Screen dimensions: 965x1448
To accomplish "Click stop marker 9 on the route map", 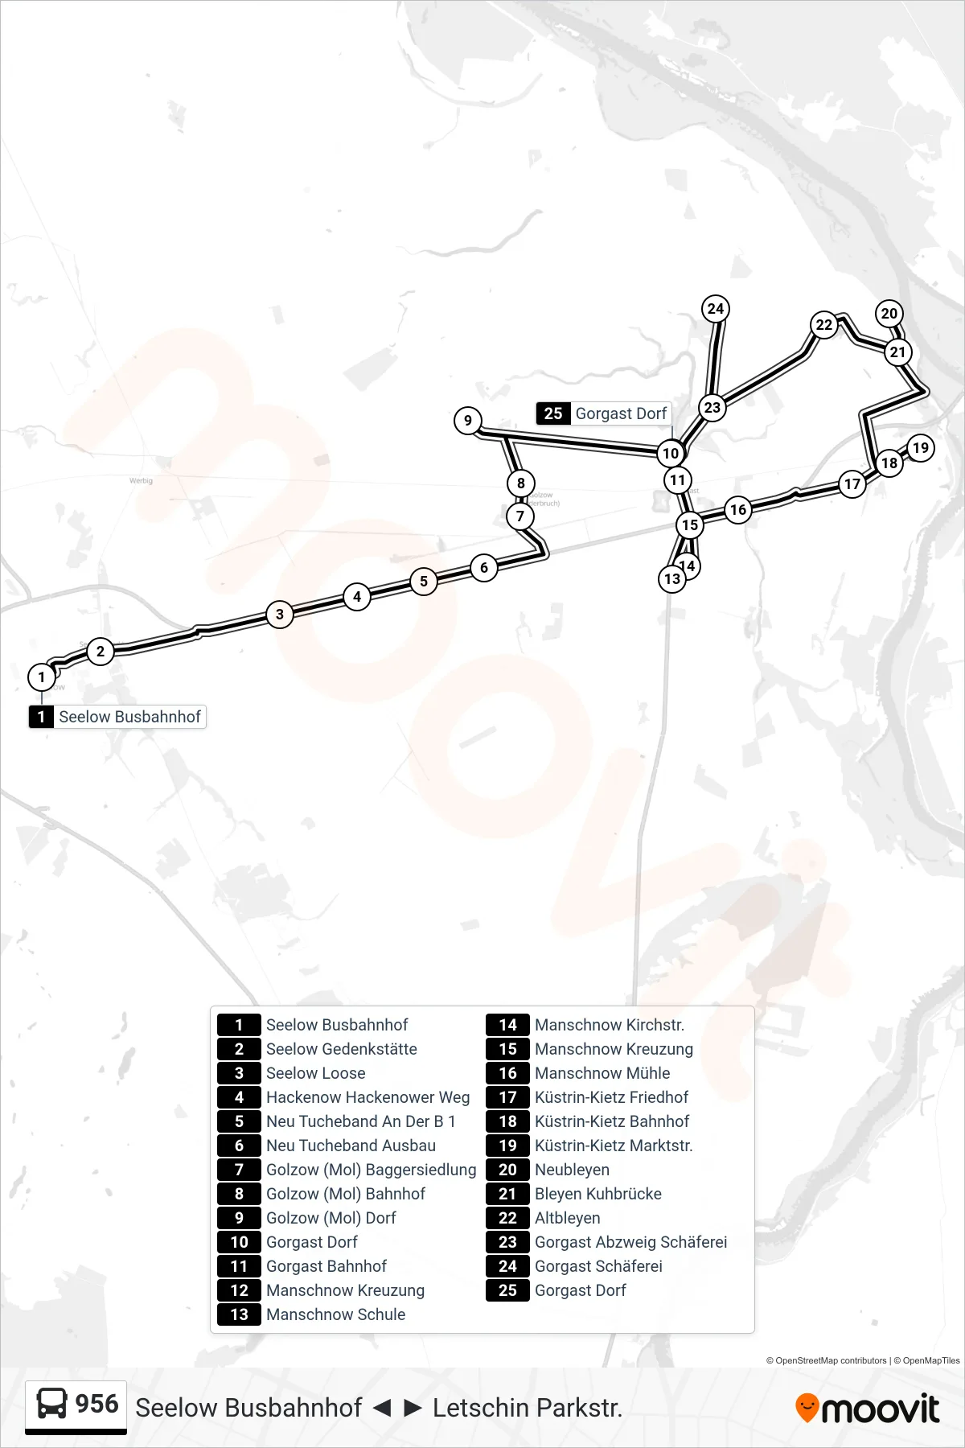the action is [x=468, y=420].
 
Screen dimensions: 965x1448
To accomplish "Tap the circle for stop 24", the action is [x=716, y=308].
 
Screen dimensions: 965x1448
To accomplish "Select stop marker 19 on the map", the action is [x=921, y=448].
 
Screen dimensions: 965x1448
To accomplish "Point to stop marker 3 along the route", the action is [x=280, y=615].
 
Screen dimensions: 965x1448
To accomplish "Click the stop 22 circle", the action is [x=824, y=325].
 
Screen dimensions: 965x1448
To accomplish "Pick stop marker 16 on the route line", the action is [x=738, y=509].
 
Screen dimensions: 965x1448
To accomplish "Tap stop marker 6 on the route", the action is [x=484, y=567].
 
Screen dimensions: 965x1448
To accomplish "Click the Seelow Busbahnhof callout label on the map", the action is [x=117, y=717].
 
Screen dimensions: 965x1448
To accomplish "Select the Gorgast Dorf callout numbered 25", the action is [x=604, y=413].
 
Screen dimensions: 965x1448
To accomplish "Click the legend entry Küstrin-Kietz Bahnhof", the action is [x=612, y=1121].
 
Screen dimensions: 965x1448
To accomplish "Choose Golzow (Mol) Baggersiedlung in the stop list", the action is [x=372, y=1170].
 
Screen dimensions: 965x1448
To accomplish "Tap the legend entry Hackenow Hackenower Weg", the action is [x=368, y=1097].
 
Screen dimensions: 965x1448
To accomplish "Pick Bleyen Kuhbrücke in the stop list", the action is [x=598, y=1194].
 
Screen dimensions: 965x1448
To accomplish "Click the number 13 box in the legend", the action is [x=240, y=1314].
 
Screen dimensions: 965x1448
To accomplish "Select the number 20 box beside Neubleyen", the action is [x=508, y=1170].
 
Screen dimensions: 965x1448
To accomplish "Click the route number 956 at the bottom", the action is [x=96, y=1404].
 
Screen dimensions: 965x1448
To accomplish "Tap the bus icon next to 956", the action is [x=52, y=1404].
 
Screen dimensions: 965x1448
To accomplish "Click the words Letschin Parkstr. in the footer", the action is [x=528, y=1408].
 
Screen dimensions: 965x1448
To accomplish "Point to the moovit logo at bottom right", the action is [x=867, y=1409].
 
